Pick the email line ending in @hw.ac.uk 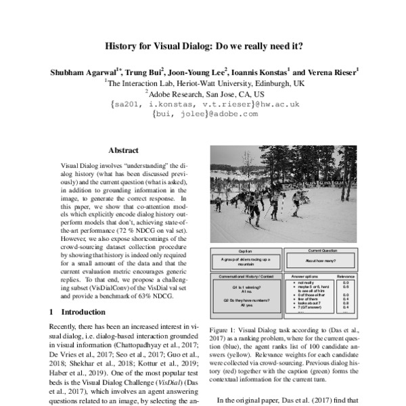pos(204,104)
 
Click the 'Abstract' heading pos(123,150)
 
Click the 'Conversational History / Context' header pos(246,276)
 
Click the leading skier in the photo pos(253,207)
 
